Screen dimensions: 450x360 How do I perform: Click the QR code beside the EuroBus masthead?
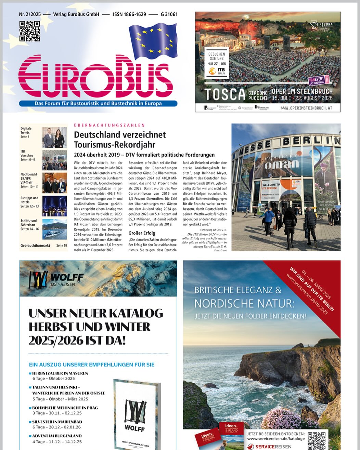click(x=29, y=31)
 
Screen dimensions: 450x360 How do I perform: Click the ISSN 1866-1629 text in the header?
click(x=129, y=14)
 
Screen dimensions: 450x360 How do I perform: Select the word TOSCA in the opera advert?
click(x=225, y=94)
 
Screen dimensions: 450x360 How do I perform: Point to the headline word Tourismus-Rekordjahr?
click(x=115, y=145)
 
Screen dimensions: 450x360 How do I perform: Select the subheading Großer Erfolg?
click(x=142, y=233)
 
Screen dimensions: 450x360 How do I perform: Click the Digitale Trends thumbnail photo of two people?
click(x=54, y=137)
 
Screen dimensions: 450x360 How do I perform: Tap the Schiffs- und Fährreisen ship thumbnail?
click(x=54, y=229)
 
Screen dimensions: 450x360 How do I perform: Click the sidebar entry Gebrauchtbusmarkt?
click(x=35, y=246)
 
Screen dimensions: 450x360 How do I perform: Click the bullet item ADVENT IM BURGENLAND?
click(x=57, y=436)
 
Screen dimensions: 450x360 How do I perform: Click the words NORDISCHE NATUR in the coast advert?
click(x=244, y=303)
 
